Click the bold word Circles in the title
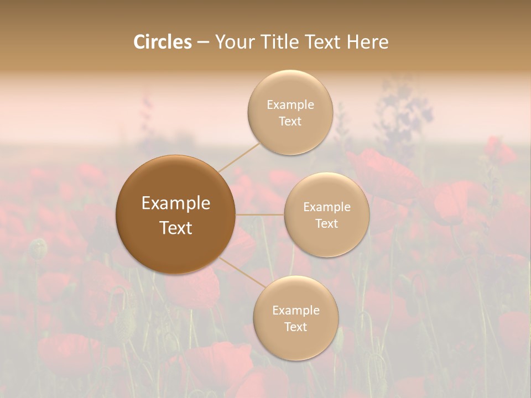click(x=163, y=42)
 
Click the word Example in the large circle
click(x=176, y=203)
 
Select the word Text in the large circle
click(x=176, y=228)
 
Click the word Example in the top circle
click(x=290, y=104)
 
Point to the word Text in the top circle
click(x=290, y=121)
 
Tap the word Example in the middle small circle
click(x=327, y=207)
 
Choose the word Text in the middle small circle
click(x=327, y=223)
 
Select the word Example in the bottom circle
click(x=295, y=310)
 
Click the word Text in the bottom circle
click(x=295, y=327)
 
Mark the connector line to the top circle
click(x=239, y=157)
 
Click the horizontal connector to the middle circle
click(x=260, y=214)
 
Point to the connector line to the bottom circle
click(x=242, y=273)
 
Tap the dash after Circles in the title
click(x=203, y=43)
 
